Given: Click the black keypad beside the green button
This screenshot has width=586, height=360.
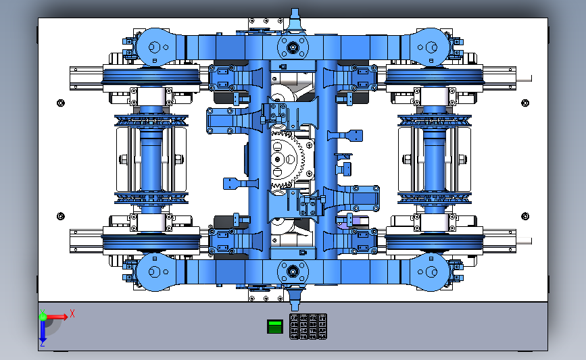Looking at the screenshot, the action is [308, 326].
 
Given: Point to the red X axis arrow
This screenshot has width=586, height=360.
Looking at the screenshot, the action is [56, 317].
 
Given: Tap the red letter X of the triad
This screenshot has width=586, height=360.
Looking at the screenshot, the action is [72, 313].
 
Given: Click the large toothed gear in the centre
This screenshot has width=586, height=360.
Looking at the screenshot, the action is [286, 159].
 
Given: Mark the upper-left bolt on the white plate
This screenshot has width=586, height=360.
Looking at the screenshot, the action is [61, 103].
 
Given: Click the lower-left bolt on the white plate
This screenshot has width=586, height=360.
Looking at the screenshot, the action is [61, 216].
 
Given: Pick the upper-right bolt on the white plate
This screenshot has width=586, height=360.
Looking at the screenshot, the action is [525, 103].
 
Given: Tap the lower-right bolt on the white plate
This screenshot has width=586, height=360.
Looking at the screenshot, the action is [525, 216].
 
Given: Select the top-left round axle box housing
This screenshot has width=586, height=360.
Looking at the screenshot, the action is [154, 47].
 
